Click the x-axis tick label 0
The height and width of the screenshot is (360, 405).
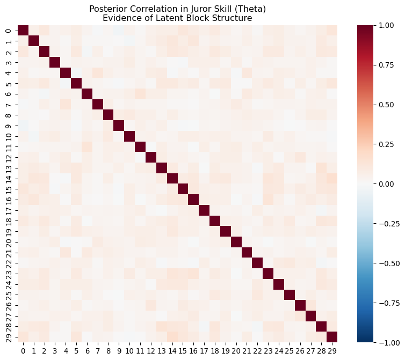23,350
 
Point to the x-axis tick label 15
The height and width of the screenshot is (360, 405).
182,350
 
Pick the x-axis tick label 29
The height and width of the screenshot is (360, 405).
332,350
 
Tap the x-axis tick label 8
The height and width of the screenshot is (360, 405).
108,350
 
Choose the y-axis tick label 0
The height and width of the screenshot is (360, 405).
8,30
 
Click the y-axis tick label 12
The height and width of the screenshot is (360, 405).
8,157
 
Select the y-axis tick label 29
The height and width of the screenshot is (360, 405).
8,337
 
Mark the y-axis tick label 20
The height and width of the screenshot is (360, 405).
8,242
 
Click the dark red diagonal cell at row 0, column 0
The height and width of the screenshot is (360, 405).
23,30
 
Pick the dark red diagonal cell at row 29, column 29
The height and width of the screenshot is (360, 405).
332,337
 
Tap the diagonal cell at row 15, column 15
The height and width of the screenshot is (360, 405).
183,189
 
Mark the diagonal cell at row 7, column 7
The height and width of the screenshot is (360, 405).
98,104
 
